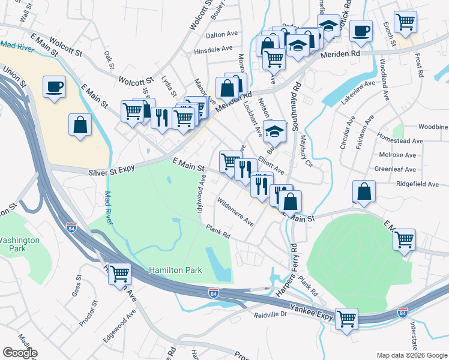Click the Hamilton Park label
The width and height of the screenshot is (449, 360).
tap(176, 271)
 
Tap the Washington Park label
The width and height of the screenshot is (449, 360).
tap(19, 243)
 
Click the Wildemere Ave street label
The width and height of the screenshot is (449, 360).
tap(235, 212)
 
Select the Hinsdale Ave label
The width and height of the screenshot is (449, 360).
tap(213, 49)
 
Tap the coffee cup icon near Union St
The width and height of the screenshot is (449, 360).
tap(54, 87)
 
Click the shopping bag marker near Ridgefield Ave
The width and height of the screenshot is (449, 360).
tap(364, 191)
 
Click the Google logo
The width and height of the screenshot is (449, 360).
tap(20, 353)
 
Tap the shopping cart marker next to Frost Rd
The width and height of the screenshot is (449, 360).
tap(406, 22)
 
